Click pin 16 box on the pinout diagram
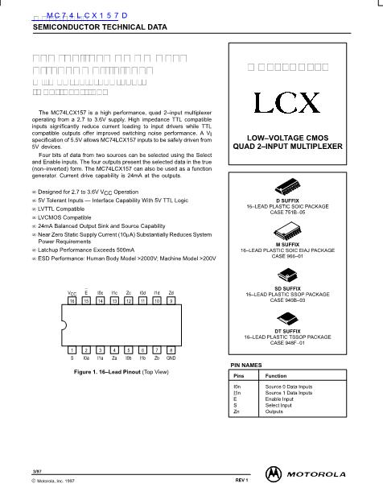(x=72, y=300)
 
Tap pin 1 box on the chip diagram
(x=72, y=350)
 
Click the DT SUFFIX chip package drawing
(x=289, y=320)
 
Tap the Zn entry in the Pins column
(x=236, y=411)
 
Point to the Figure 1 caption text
(x=121, y=372)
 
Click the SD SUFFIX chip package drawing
(x=289, y=274)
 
